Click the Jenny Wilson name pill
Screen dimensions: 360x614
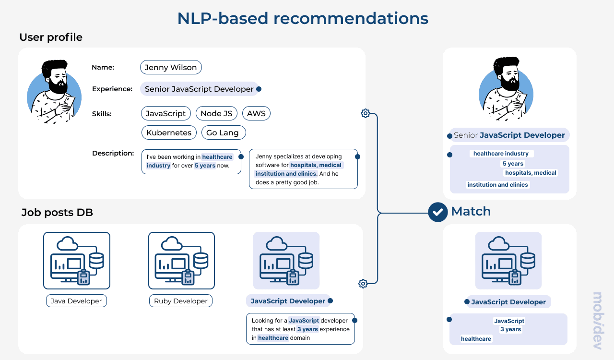(x=171, y=67)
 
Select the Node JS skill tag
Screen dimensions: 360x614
(x=216, y=113)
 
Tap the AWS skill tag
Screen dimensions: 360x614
(x=256, y=113)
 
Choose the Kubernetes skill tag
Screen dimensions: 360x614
(x=169, y=132)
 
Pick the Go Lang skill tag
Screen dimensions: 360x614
(x=223, y=132)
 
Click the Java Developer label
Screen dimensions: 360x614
(x=77, y=301)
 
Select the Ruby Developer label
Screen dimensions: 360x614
(x=180, y=301)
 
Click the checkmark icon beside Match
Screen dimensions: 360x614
(x=437, y=212)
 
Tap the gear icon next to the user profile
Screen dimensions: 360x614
(x=365, y=113)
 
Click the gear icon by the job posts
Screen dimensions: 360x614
(x=363, y=284)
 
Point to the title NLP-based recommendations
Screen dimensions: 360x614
(x=303, y=18)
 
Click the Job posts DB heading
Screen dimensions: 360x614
(x=57, y=213)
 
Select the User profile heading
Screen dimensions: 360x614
(x=51, y=37)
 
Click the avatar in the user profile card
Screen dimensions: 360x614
(x=54, y=92)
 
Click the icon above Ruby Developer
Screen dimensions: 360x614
(x=181, y=261)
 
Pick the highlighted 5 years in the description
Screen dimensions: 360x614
(x=205, y=166)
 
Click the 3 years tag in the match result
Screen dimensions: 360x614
(x=510, y=329)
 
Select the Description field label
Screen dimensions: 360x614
(x=113, y=153)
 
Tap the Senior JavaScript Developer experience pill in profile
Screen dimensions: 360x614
(x=199, y=89)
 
